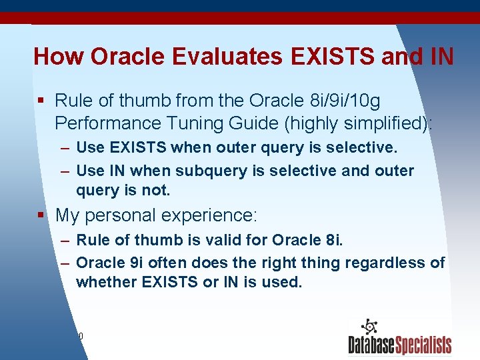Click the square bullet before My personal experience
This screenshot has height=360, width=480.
(x=41, y=215)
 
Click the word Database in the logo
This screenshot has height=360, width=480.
(x=371, y=345)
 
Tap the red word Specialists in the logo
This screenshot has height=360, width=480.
(x=423, y=345)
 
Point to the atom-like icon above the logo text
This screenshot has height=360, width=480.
(x=368, y=327)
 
